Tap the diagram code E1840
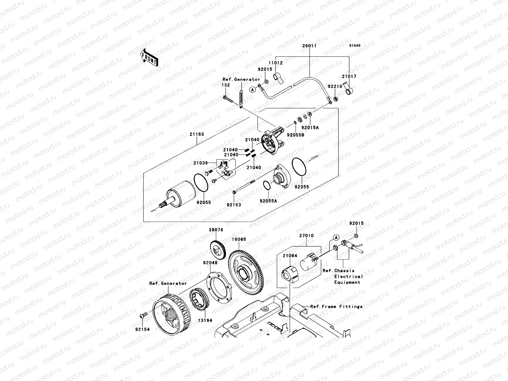[x=355, y=46]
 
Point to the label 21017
[x=349, y=77]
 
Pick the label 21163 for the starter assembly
[x=197, y=134]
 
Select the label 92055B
[x=296, y=135]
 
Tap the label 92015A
[x=310, y=127]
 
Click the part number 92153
[x=234, y=205]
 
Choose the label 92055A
[x=268, y=201]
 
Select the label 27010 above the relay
[x=306, y=236]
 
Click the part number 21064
[x=290, y=256]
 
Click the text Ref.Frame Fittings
[x=336, y=306]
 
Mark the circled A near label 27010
[x=336, y=237]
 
